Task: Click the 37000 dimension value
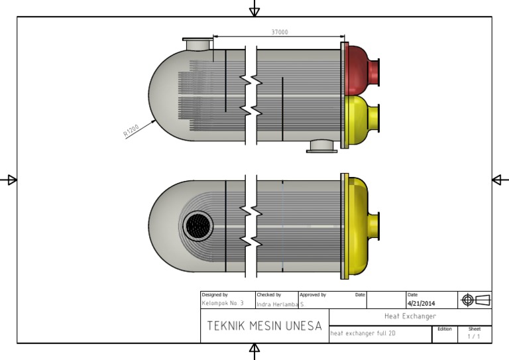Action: [279, 32]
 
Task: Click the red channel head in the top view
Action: [360, 70]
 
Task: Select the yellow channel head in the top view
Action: [360, 119]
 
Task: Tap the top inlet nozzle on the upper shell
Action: [197, 44]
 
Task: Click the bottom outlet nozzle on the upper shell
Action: [322, 146]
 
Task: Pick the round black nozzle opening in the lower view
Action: [198, 227]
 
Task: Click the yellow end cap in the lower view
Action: [359, 225]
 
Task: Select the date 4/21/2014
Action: [422, 304]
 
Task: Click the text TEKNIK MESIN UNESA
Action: [264, 326]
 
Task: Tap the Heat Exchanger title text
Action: [410, 316]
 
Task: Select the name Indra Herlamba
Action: [277, 304]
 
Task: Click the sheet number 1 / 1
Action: [475, 336]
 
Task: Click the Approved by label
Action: [312, 294]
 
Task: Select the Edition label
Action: [444, 328]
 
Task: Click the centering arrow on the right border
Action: [499, 180]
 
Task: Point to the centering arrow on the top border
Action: [254, 9]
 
